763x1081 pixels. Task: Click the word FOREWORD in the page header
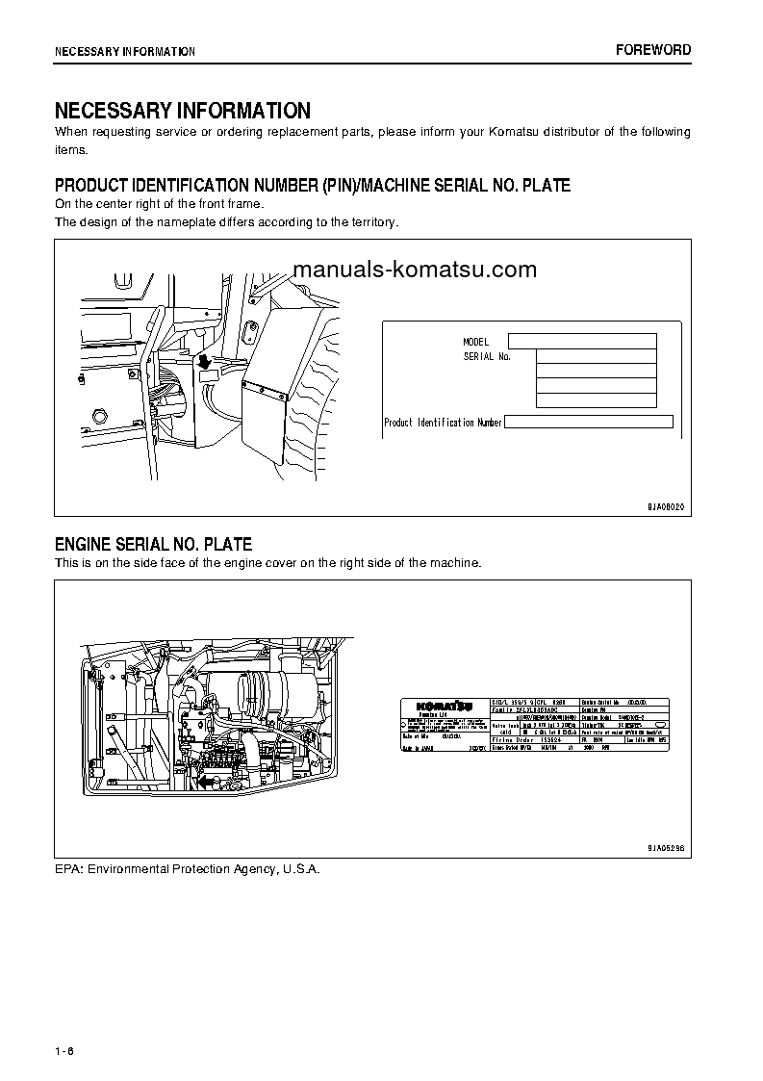pyautogui.click(x=653, y=50)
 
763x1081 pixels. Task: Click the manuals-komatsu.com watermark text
pyautogui.click(x=414, y=270)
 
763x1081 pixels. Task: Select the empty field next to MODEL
pyautogui.click(x=581, y=341)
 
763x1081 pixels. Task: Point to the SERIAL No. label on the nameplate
pyautogui.click(x=486, y=356)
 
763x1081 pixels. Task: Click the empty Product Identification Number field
pyautogui.click(x=588, y=422)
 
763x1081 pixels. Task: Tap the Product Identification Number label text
pyautogui.click(x=443, y=423)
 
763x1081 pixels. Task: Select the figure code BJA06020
pyautogui.click(x=664, y=506)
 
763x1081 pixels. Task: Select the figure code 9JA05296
pyautogui.click(x=664, y=848)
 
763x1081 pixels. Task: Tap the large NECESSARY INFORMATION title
pyautogui.click(x=182, y=111)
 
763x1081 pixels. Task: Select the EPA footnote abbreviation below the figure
pyautogui.click(x=67, y=868)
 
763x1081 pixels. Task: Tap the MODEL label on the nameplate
pyautogui.click(x=475, y=342)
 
